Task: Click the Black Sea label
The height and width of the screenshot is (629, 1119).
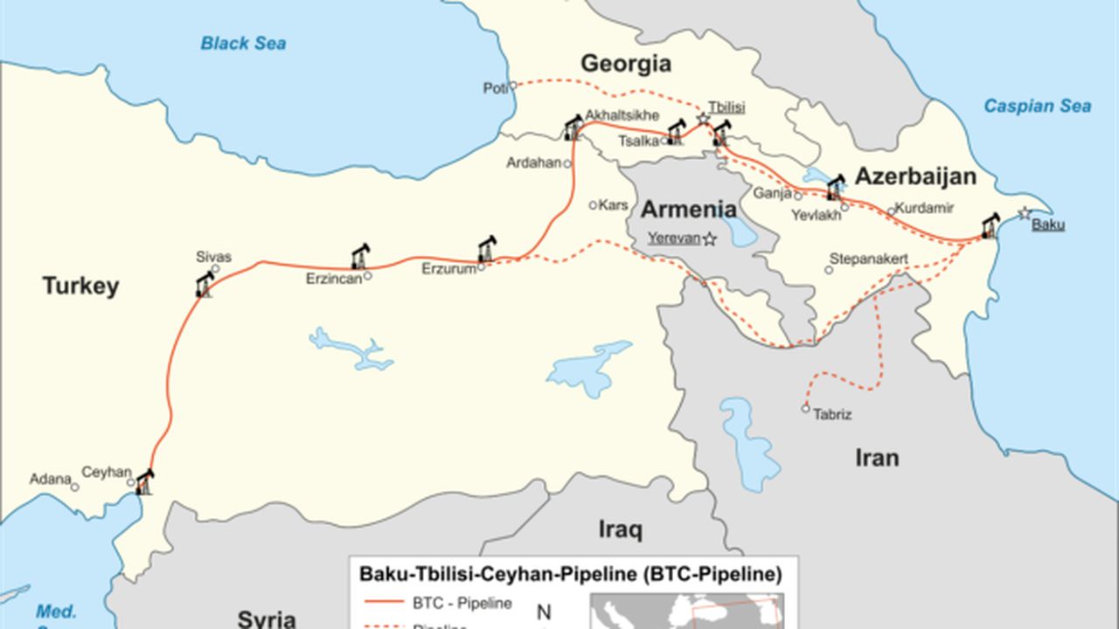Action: (243, 43)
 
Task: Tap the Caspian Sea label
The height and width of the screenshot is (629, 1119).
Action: (1037, 106)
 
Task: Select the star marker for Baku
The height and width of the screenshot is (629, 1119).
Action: (1025, 213)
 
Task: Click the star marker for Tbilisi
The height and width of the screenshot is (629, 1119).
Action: (703, 118)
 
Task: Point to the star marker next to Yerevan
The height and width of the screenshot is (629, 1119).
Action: (710, 238)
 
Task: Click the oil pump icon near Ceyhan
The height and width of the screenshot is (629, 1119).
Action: (144, 481)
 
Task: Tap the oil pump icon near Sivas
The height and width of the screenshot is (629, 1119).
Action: (205, 284)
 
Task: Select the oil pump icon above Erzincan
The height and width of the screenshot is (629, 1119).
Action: (360, 256)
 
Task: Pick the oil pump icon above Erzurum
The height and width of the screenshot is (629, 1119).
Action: (486, 249)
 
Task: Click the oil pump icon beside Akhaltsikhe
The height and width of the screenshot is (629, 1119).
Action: (573, 128)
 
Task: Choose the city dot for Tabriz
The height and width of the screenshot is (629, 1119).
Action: (806, 408)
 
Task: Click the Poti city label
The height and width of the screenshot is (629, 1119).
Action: (494, 88)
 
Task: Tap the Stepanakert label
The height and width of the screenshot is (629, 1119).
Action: (868, 259)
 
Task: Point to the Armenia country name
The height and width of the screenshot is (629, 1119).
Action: (688, 210)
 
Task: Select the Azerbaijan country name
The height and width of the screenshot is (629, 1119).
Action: (914, 176)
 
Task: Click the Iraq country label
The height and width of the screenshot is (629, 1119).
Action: (620, 529)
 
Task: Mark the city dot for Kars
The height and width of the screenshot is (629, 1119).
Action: (593, 205)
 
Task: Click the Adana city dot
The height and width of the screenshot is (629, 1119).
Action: (75, 487)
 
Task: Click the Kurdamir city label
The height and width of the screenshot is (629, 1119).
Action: (926, 208)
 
